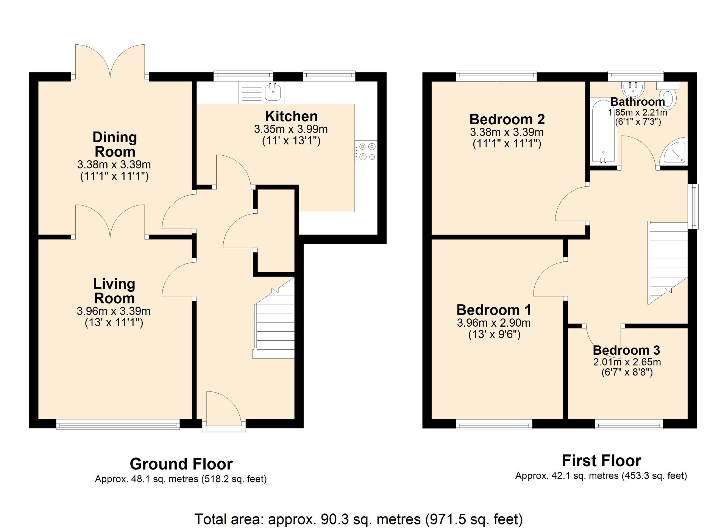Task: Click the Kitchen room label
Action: (x=291, y=116)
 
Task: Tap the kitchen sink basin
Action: (x=273, y=92)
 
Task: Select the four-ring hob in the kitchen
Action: (x=366, y=152)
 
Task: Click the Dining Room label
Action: (x=115, y=144)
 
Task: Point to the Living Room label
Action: (x=114, y=291)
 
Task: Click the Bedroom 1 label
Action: (x=494, y=310)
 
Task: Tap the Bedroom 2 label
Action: (x=507, y=119)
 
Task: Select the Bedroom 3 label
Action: (x=626, y=350)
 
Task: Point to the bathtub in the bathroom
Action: (x=603, y=131)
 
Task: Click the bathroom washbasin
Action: (x=633, y=89)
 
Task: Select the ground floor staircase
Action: (x=274, y=318)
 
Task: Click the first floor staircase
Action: (x=668, y=263)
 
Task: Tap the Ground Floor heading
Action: (x=181, y=464)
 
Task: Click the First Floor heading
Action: (x=601, y=461)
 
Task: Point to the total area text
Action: (x=358, y=519)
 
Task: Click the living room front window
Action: (x=118, y=424)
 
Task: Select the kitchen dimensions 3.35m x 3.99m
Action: (x=291, y=129)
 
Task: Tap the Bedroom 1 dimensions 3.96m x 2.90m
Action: (x=494, y=323)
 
